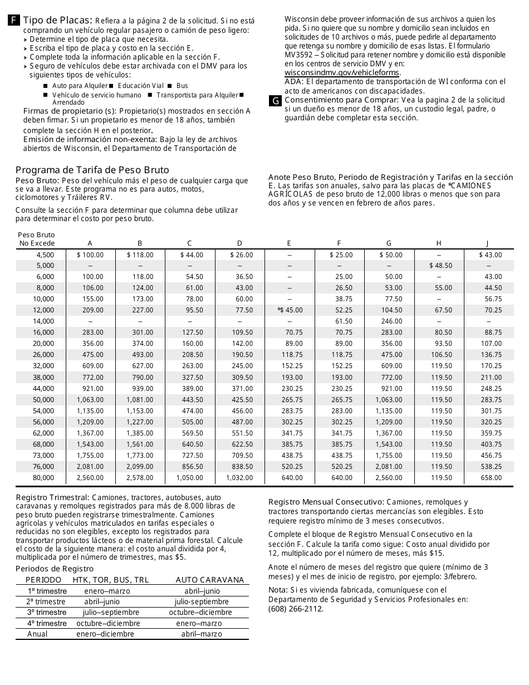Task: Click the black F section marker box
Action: point(14,21)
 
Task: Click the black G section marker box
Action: point(275,101)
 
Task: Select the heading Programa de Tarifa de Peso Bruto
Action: point(92,170)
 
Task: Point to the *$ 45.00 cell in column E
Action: point(290,310)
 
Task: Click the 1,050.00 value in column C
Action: point(190,478)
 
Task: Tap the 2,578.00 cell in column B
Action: point(140,478)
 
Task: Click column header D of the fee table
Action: point(239,243)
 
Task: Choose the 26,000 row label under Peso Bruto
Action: point(43,355)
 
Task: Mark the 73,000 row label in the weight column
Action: point(43,456)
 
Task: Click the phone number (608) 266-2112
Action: point(296,609)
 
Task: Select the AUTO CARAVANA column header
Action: point(210,580)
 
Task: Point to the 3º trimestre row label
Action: point(47,613)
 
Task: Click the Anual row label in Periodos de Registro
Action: point(37,634)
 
